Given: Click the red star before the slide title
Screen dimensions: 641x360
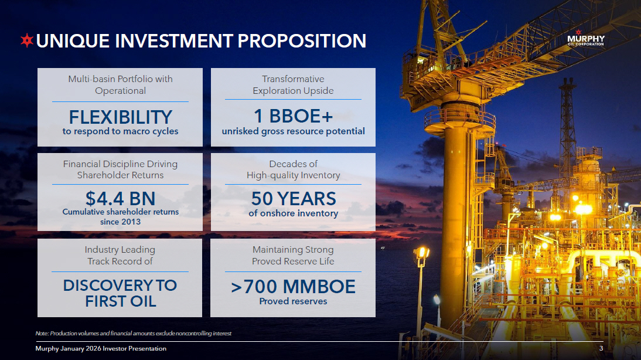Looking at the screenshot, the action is pos(27,40).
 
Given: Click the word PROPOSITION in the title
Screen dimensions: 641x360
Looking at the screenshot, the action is pos(302,41).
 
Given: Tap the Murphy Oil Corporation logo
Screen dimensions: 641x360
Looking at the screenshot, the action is pos(585,38).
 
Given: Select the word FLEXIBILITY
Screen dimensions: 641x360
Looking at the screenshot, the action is pos(120,117).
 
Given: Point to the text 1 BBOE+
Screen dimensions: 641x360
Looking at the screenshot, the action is pos(293,116).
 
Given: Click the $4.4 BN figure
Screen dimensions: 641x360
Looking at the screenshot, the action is pos(120,199).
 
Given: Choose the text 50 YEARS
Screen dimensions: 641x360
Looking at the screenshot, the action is pos(293,199).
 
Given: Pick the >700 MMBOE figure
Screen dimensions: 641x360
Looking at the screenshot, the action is pos(293,287).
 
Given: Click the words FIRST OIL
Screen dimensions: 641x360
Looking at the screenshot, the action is pos(120,301).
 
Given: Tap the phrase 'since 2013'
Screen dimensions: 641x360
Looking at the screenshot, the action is pos(120,222).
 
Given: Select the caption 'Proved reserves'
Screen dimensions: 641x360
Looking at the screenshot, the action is pos(293,301).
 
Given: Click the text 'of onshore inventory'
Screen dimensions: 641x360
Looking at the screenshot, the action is pos(293,213).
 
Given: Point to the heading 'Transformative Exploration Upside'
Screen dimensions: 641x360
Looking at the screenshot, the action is pos(293,84).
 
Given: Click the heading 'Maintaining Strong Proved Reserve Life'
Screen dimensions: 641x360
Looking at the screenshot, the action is pos(293,255).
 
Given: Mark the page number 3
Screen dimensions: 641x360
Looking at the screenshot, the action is pos(601,348).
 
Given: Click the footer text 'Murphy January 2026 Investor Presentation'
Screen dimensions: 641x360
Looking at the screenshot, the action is pos(101,348).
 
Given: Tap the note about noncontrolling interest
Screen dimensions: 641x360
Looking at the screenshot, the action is pos(133,334).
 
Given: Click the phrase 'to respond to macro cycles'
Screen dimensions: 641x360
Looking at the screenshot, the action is pos(120,131).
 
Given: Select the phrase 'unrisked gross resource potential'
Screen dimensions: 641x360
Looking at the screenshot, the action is pos(293,131).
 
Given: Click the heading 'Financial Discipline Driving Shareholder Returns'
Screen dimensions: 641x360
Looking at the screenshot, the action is pos(120,169).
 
